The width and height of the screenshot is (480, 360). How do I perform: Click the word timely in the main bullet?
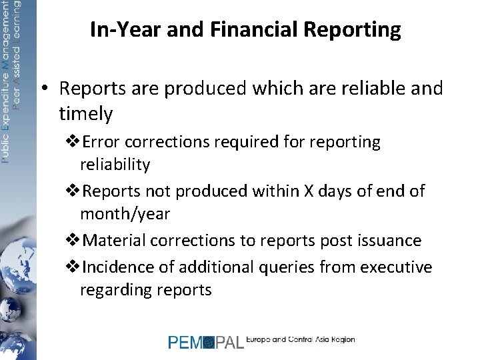tap(86, 114)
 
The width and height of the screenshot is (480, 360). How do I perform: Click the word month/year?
tap(125, 214)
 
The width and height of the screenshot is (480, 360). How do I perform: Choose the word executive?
tap(396, 267)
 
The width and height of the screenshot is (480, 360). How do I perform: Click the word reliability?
tap(115, 165)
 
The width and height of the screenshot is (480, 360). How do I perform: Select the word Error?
tap(102, 142)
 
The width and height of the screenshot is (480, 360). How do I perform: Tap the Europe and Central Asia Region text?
tap(301, 339)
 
